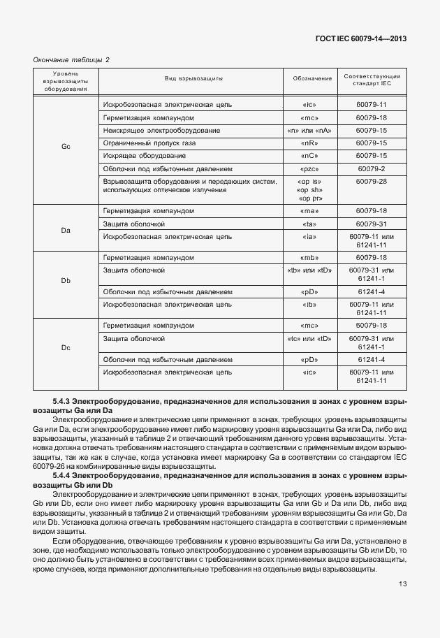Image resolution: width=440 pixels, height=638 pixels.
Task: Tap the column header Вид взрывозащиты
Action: coord(193,79)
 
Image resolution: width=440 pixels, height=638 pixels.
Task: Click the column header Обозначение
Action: coord(311,79)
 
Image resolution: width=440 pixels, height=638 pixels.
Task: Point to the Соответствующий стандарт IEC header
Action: coord(371,79)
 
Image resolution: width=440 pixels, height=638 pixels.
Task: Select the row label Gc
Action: coord(66,147)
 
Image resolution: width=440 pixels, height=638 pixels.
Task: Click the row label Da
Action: coord(66,229)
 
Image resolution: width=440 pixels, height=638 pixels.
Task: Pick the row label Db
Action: coord(66,281)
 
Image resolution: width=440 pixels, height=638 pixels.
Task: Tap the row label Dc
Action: coord(66,347)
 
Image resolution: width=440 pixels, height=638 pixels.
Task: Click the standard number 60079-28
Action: coord(371,181)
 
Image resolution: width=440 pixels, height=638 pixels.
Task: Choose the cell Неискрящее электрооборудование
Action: coord(152,130)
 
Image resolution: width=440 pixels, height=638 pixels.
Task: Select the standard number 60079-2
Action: coord(371,168)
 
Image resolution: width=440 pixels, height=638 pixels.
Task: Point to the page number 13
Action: coord(402,585)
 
